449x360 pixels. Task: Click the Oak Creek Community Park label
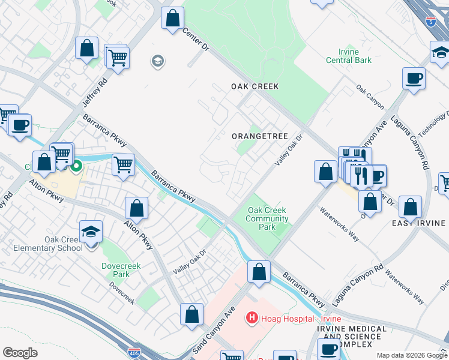click(x=267, y=218)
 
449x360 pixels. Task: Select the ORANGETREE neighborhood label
click(x=260, y=136)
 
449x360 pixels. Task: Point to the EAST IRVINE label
click(x=418, y=223)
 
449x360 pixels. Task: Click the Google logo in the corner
click(x=20, y=352)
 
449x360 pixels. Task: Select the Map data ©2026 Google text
click(x=412, y=355)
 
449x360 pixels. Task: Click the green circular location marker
click(x=77, y=167)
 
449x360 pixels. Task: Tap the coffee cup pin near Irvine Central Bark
click(x=414, y=78)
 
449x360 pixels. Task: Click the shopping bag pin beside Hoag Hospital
click(x=259, y=271)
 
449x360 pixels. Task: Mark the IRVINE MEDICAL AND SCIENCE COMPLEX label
click(x=351, y=337)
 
